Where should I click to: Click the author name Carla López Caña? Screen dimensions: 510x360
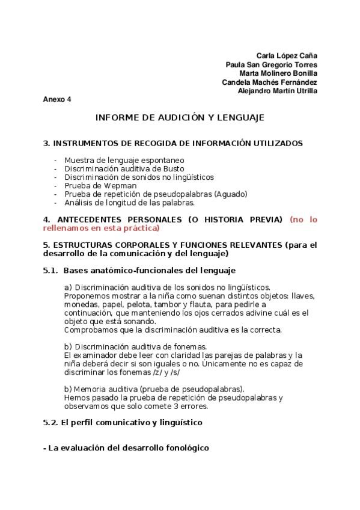click(x=287, y=55)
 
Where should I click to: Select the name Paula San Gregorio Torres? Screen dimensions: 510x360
click(x=272, y=64)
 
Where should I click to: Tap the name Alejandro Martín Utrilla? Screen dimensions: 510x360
click(x=278, y=91)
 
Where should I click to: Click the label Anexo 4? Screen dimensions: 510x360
click(x=57, y=99)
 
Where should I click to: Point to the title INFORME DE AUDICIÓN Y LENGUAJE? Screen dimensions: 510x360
click(x=180, y=118)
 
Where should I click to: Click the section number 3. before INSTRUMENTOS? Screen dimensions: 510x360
click(x=46, y=143)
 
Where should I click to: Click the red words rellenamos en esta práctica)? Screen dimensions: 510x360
click(x=102, y=229)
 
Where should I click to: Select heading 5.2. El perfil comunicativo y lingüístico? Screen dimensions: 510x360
click(x=123, y=422)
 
